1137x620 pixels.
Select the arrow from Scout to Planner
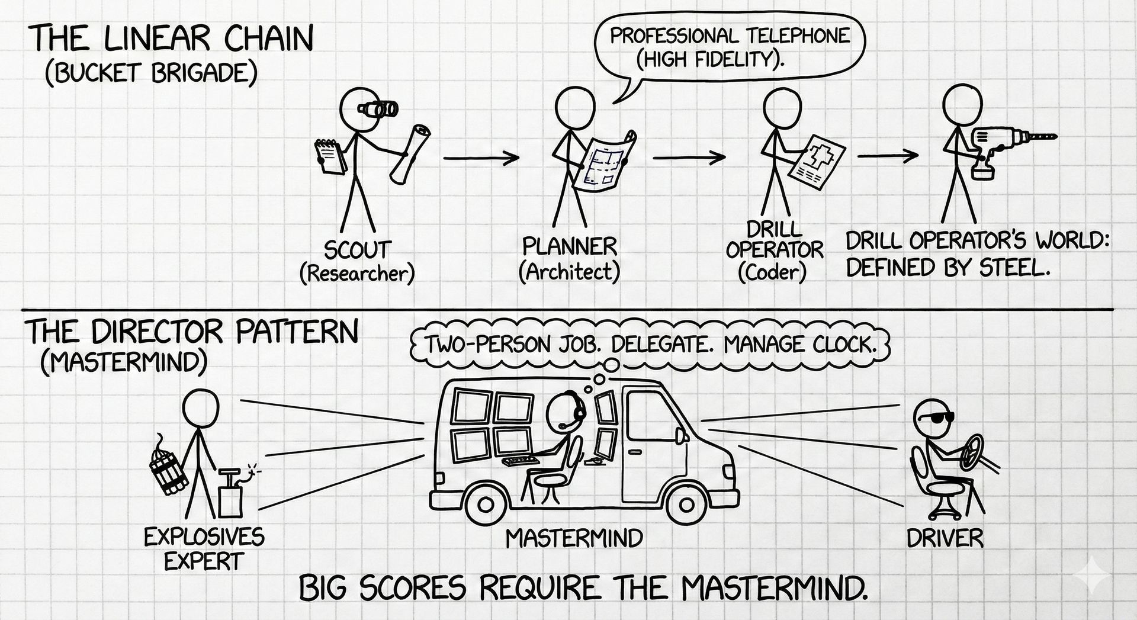pyautogui.click(x=480, y=158)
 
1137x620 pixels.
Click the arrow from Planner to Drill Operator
pyautogui.click(x=689, y=158)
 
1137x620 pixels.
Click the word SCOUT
pyautogui.click(x=357, y=249)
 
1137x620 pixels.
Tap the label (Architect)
pyautogui.click(x=569, y=272)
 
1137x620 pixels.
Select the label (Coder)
pyautogui.click(x=772, y=272)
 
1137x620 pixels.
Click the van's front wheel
pyautogui.click(x=685, y=505)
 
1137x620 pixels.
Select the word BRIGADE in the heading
pyautogui.click(x=196, y=72)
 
